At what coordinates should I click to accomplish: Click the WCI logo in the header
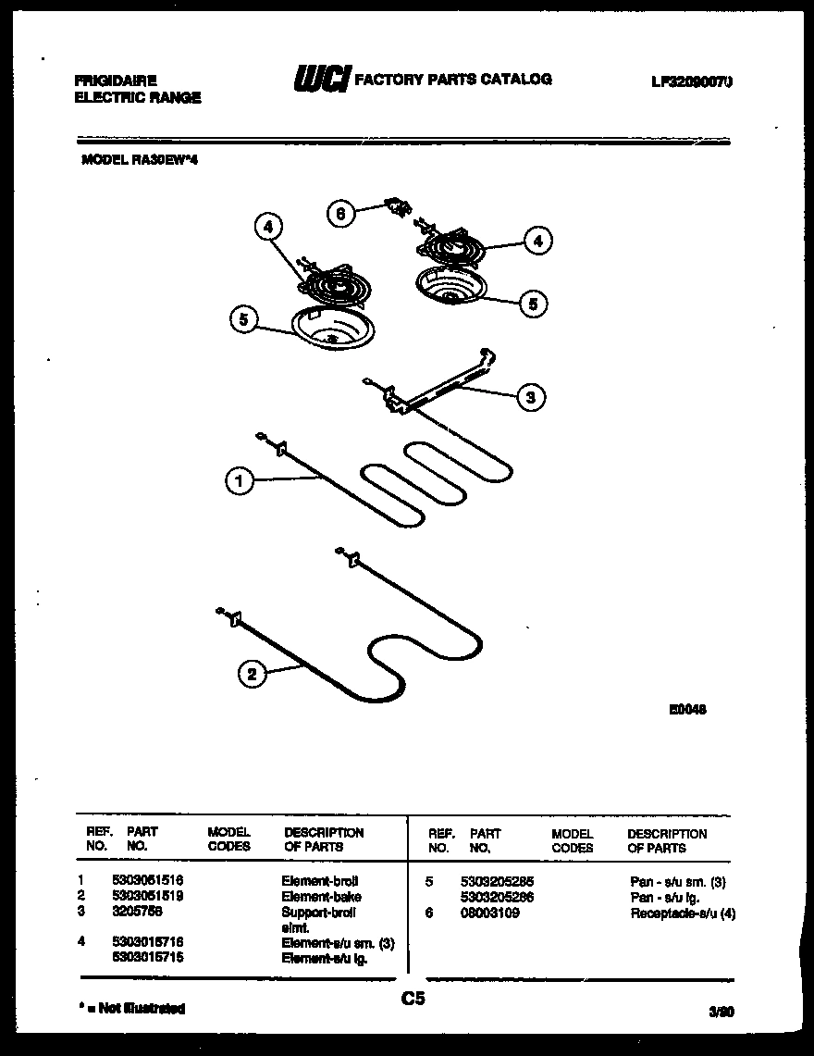(321, 81)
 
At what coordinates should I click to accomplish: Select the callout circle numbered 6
(340, 214)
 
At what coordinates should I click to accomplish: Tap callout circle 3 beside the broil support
(530, 398)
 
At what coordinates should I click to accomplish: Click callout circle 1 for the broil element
(239, 481)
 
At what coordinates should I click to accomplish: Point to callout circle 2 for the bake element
(252, 674)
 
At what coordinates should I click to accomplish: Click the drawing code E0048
(689, 710)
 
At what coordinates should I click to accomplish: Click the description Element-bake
(321, 896)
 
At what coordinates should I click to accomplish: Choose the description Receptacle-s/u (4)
(683, 913)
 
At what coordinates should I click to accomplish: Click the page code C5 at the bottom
(413, 999)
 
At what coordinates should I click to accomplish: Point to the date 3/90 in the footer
(721, 1013)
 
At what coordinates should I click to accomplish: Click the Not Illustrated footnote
(130, 1008)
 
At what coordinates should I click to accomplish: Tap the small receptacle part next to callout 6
(398, 208)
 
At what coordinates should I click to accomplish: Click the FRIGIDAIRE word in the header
(116, 81)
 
